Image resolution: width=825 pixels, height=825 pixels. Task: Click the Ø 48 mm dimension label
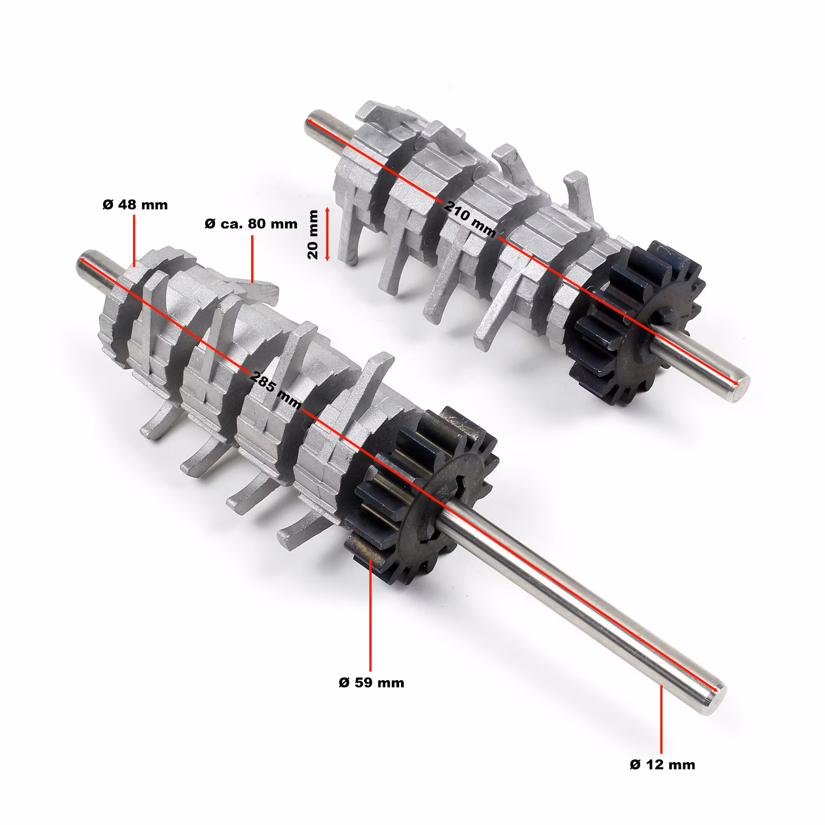pos(135,205)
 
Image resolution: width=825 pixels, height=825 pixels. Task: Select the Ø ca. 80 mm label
pos(251,224)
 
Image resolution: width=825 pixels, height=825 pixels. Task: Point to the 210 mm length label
pos(470,219)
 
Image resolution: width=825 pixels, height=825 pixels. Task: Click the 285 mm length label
pos(275,390)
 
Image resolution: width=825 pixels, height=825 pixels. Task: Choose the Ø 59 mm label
pos(371,683)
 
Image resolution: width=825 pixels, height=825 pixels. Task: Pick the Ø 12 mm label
pos(662,764)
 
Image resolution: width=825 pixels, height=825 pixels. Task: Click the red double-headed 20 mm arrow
pos(327,234)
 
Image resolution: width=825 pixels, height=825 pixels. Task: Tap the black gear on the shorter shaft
pos(637,322)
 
